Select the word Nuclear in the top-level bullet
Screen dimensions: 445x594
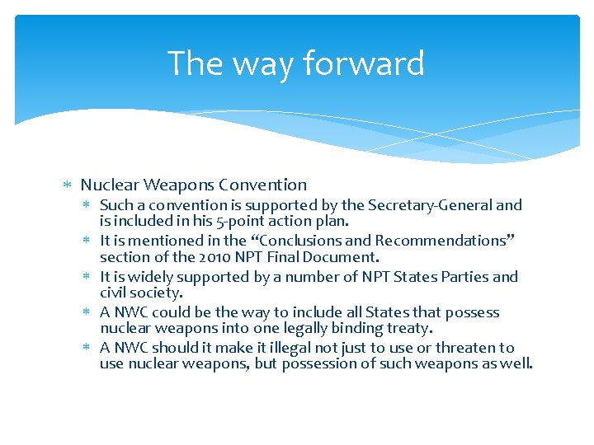[x=109, y=185]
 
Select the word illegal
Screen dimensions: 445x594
[x=280, y=348]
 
